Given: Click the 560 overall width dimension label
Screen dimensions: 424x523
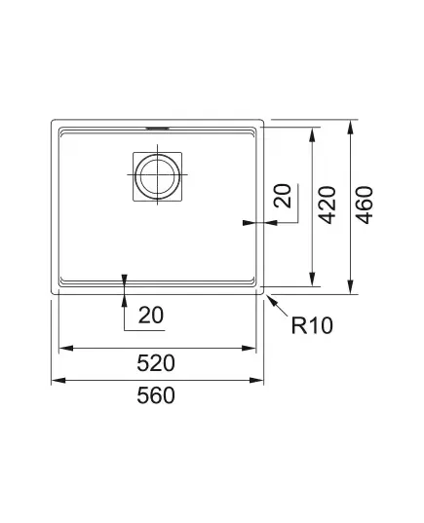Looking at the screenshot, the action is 156,395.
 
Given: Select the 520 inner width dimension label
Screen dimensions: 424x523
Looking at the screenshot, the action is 156,363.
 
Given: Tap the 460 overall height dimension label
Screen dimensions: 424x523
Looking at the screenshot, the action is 364,205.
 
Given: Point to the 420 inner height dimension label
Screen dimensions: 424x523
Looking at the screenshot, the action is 327,205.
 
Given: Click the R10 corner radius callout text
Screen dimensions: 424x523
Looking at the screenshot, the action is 312,325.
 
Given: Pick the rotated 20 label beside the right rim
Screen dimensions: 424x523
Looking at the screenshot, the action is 283,196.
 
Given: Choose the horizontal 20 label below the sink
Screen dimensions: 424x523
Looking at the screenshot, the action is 151,316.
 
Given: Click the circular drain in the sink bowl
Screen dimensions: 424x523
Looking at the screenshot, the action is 157,175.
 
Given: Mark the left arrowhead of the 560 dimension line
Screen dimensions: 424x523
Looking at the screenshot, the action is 58,380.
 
